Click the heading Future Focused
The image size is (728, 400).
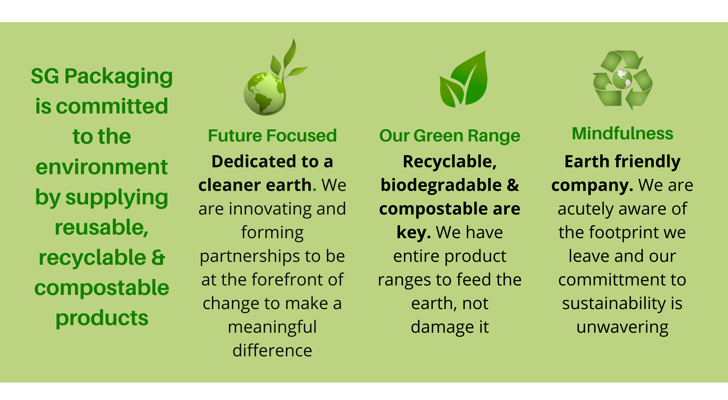pos(272,136)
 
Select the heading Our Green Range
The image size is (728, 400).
pos(450,136)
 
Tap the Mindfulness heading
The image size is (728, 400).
pos(622,133)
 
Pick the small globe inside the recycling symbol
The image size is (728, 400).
pos(622,79)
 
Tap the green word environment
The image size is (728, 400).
pos(102,167)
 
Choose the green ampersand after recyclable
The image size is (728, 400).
pos(158,257)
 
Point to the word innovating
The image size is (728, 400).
pos(270,209)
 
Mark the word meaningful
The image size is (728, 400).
pos(272,327)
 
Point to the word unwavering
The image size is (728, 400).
pos(622,327)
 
